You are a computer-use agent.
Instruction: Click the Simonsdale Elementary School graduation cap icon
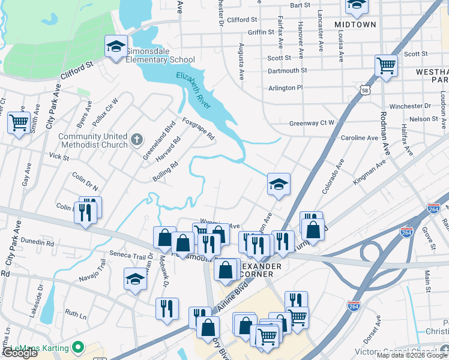pyautogui.click(x=116, y=46)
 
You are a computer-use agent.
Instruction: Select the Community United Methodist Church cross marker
pyautogui.click(x=136, y=140)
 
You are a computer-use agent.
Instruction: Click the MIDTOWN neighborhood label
pyautogui.click(x=355, y=25)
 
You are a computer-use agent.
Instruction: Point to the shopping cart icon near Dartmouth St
pyautogui.click(x=386, y=66)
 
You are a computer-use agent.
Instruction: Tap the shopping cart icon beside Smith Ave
pyautogui.click(x=19, y=122)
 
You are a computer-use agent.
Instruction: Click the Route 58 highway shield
pyautogui.click(x=365, y=90)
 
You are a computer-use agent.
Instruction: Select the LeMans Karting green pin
pyautogui.click(x=77, y=347)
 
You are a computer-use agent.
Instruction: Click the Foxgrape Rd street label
pyautogui.click(x=198, y=128)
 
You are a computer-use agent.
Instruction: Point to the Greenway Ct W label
pyautogui.click(x=312, y=123)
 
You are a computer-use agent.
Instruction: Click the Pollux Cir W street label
pyautogui.click(x=103, y=106)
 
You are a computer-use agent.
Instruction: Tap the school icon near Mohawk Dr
pyautogui.click(x=135, y=279)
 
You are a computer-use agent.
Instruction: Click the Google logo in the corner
pyautogui.click(x=20, y=353)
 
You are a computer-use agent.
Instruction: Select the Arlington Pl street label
pyautogui.click(x=286, y=88)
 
